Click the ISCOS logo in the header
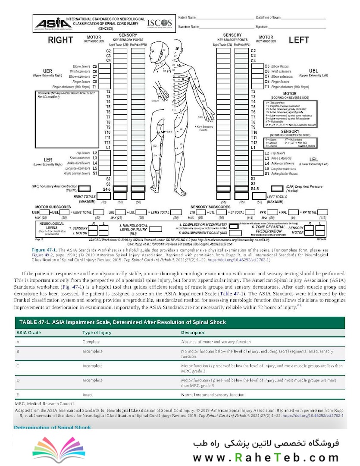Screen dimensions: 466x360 coord(160,23)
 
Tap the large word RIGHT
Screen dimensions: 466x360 coord(60,41)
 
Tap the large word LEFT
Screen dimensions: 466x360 coord(299,41)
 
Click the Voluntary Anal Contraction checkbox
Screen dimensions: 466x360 coord(84,189)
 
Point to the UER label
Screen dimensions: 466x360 coord(47,71)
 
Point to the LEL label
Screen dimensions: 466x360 coord(313,159)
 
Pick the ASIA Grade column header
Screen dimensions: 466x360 coord(28,333)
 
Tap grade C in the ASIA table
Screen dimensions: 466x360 coord(18,366)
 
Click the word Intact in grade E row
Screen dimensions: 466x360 coord(88,395)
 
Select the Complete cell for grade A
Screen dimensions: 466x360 coord(91,341)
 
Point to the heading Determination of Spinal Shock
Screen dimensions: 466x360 coord(53,427)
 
